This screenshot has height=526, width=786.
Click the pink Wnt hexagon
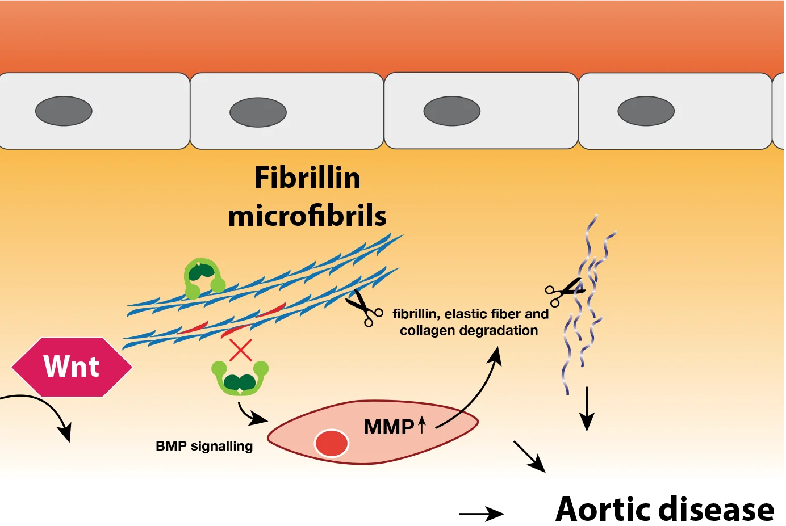pyautogui.click(x=72, y=367)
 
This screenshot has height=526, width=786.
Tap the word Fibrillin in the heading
pyautogui.click(x=307, y=178)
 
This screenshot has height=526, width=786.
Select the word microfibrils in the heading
pyautogui.click(x=307, y=216)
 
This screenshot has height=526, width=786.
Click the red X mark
pyautogui.click(x=240, y=350)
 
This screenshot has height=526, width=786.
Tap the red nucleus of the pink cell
pyautogui.click(x=331, y=443)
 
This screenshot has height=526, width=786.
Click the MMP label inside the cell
pyautogui.click(x=388, y=427)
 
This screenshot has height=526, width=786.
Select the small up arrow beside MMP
pyautogui.click(x=421, y=424)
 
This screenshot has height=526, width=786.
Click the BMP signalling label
pyautogui.click(x=204, y=446)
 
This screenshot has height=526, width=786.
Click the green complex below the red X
pyautogui.click(x=240, y=378)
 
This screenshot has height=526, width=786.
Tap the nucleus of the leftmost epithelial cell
pyautogui.click(x=64, y=111)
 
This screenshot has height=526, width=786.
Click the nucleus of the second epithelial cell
pyautogui.click(x=258, y=112)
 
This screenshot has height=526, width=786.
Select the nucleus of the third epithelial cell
pyautogui.click(x=452, y=111)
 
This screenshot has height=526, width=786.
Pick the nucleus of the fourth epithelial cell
pyautogui.click(x=646, y=111)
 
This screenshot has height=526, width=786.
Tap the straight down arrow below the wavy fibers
pyautogui.click(x=587, y=409)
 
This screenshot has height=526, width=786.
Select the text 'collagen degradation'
pyautogui.click(x=469, y=330)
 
